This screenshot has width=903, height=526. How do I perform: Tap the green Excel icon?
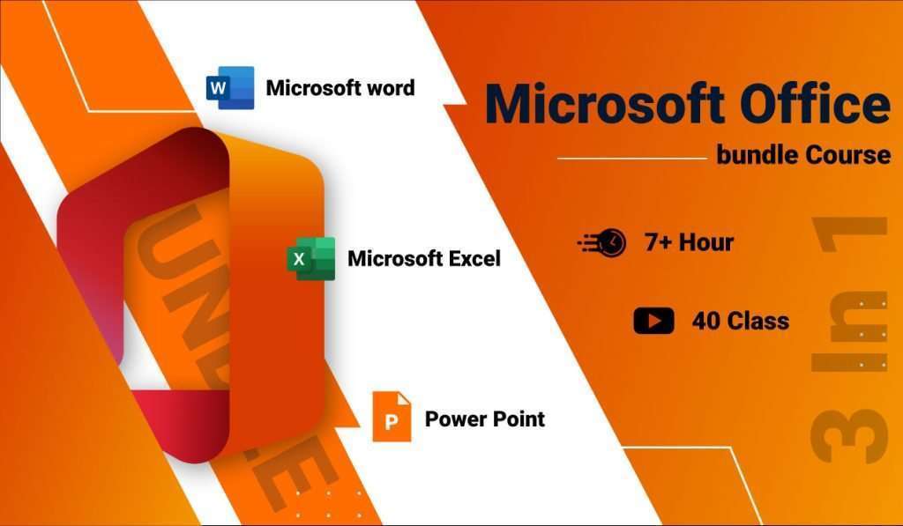[310, 258]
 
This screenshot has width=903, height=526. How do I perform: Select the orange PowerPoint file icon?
[392, 416]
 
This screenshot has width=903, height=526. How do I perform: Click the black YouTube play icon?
[653, 321]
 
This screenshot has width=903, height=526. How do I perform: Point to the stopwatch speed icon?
[602, 242]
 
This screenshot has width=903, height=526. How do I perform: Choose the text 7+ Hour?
[689, 241]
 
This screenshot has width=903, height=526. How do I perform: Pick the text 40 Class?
[740, 321]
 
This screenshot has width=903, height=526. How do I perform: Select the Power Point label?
[484, 418]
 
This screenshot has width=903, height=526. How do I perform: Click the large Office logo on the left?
[190, 291]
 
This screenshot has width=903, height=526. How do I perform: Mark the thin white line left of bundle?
[632, 159]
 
